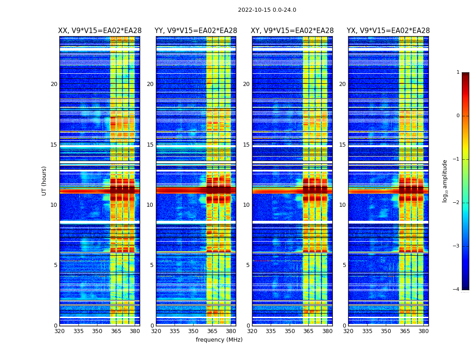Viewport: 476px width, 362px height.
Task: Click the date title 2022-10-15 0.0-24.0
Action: [x=267, y=10]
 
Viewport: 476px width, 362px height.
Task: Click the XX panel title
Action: [x=100, y=31]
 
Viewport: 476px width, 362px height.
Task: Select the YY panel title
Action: [x=196, y=31]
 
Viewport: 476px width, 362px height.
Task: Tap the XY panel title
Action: [x=292, y=31]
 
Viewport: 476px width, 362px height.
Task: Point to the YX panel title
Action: [x=388, y=31]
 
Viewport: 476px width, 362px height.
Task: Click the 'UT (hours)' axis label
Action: [x=44, y=181]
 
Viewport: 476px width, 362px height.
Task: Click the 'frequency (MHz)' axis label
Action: [x=219, y=340]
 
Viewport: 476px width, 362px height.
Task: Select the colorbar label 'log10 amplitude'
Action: [x=445, y=181]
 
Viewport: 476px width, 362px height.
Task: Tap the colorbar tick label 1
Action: [x=458, y=72]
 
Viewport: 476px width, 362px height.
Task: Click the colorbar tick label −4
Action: [x=457, y=290]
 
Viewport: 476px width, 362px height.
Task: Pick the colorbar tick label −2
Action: [x=457, y=203]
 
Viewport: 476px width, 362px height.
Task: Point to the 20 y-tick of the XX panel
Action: [x=54, y=84]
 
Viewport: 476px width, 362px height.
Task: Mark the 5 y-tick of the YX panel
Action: [x=344, y=265]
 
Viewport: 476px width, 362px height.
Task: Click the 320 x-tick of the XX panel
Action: [x=59, y=331]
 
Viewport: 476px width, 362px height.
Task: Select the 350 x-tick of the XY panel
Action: [x=290, y=331]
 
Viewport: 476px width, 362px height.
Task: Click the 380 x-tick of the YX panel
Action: [x=423, y=331]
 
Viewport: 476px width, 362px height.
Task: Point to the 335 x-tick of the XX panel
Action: [x=78, y=331]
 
